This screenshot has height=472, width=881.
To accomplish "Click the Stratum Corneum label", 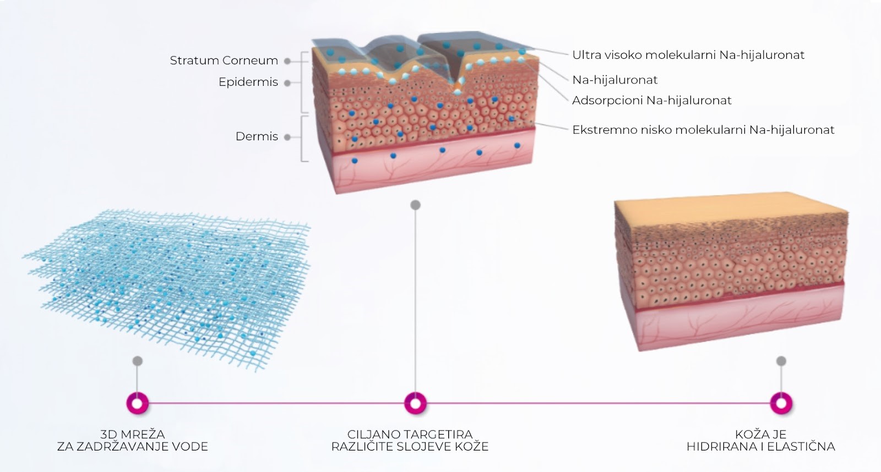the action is click(x=224, y=61).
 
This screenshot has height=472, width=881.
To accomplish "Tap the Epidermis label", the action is click(x=248, y=82).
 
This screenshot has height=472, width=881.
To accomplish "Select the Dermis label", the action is click(x=257, y=136).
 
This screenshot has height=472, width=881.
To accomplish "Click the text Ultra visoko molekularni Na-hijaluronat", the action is click(x=688, y=55).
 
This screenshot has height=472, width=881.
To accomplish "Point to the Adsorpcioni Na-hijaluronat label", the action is click(x=652, y=101).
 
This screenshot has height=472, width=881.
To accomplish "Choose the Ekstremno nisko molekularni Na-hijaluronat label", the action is click(x=703, y=130).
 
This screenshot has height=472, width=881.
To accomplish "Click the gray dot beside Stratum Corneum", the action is click(x=287, y=61).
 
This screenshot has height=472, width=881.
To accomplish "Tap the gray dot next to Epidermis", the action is click(x=287, y=83).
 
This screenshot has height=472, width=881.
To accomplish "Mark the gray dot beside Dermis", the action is click(x=287, y=137).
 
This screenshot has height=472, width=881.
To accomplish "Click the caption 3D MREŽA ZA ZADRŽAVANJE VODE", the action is click(x=133, y=441).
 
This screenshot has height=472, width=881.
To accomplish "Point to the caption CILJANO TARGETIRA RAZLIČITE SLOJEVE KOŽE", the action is click(x=410, y=441).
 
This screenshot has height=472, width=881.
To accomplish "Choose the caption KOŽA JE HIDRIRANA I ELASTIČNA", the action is click(x=760, y=441).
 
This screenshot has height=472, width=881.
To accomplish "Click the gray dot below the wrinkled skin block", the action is click(x=415, y=205).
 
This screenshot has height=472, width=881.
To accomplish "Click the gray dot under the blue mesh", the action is click(x=137, y=361).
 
